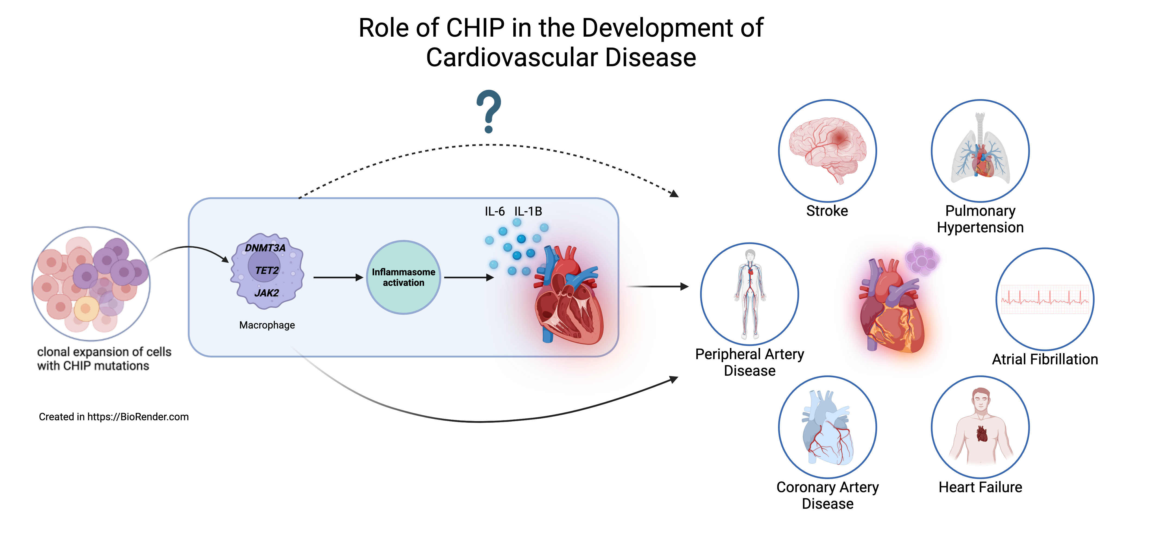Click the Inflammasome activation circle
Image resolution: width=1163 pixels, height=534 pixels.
click(403, 277)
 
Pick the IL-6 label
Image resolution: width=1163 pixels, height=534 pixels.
click(494, 211)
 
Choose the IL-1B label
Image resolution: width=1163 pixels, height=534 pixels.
click(528, 211)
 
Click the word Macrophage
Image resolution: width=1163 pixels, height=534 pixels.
click(267, 325)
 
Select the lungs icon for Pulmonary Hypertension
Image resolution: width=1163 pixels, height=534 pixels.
click(980, 149)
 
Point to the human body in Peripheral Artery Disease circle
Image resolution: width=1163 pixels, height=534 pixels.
click(750, 293)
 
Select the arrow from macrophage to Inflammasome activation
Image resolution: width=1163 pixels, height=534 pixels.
click(338, 277)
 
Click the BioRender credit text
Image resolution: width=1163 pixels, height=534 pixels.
click(114, 417)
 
